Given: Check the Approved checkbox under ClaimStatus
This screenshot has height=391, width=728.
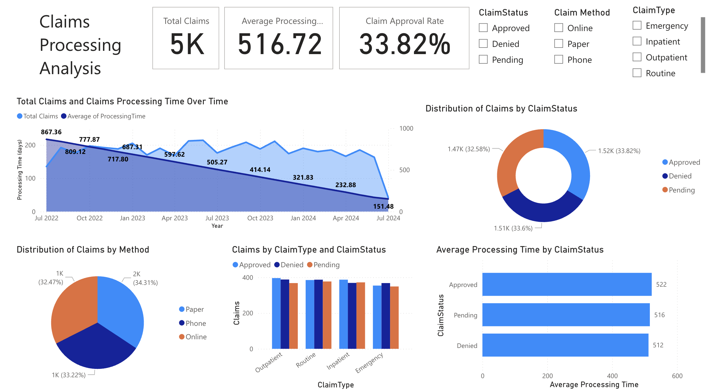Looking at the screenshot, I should click(483, 28).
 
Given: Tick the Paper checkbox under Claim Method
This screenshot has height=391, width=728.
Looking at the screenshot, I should click(559, 44).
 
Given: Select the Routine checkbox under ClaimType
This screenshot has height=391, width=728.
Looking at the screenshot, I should click(637, 73).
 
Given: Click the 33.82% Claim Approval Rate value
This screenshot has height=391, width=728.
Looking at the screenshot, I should click(404, 44).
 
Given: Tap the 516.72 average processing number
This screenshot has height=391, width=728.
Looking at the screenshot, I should click(280, 44).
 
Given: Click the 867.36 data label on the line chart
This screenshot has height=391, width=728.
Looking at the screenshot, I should click(51, 132).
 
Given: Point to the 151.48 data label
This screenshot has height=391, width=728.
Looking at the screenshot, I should click(383, 206).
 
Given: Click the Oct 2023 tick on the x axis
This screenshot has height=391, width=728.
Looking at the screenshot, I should click(260, 218).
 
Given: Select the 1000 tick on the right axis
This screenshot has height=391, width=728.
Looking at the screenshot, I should click(406, 129).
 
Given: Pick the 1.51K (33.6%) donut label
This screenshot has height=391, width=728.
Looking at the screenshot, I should click(513, 228).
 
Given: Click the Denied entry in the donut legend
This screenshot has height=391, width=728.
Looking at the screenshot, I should click(680, 176).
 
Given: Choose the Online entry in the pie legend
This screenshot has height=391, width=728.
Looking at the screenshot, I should click(196, 337).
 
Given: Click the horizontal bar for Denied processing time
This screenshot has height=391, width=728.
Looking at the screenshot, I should click(565, 345).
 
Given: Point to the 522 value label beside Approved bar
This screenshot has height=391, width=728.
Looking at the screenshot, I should click(661, 285).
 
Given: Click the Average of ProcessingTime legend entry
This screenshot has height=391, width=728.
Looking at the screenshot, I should click(106, 116).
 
